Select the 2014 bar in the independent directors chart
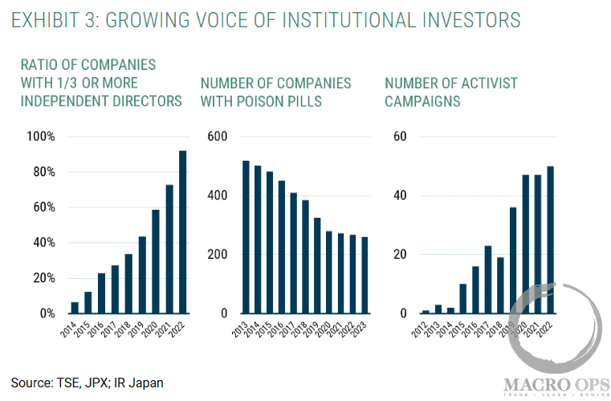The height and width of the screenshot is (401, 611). [75, 307]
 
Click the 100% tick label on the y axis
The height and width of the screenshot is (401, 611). [40, 137]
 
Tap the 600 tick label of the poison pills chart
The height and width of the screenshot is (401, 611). [218, 137]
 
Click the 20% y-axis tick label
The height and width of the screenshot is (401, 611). [43, 278]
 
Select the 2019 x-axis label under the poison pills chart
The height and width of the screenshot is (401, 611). [311, 330]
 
